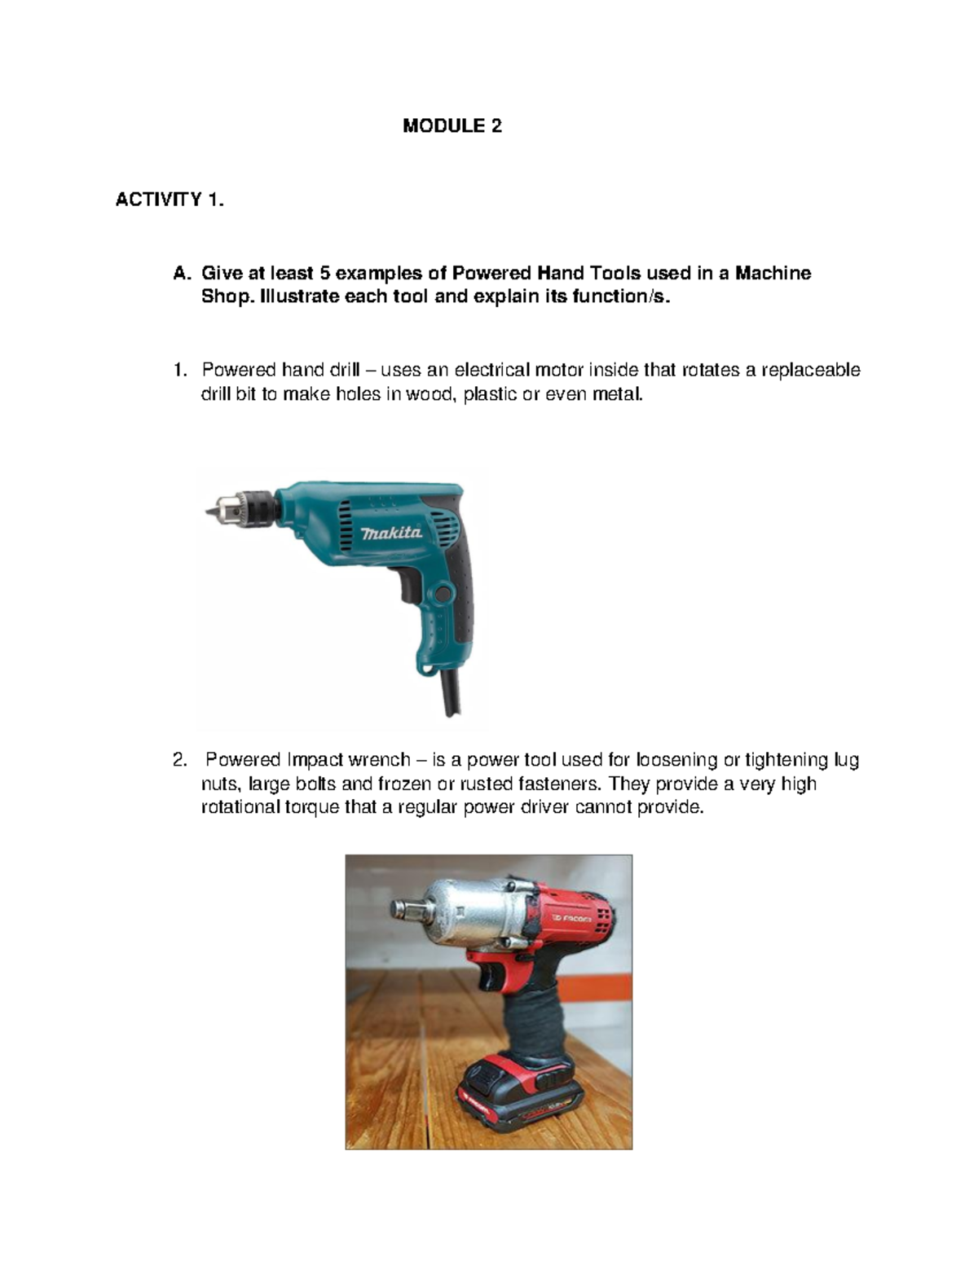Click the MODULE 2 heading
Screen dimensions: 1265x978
pos(452,125)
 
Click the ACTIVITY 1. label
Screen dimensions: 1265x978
pos(170,200)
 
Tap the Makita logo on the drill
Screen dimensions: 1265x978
pos(391,533)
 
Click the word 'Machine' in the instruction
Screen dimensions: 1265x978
pos(773,273)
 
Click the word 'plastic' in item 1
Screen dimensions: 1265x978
pos(490,395)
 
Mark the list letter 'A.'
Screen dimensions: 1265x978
pos(182,273)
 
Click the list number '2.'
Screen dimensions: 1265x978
pos(180,760)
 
